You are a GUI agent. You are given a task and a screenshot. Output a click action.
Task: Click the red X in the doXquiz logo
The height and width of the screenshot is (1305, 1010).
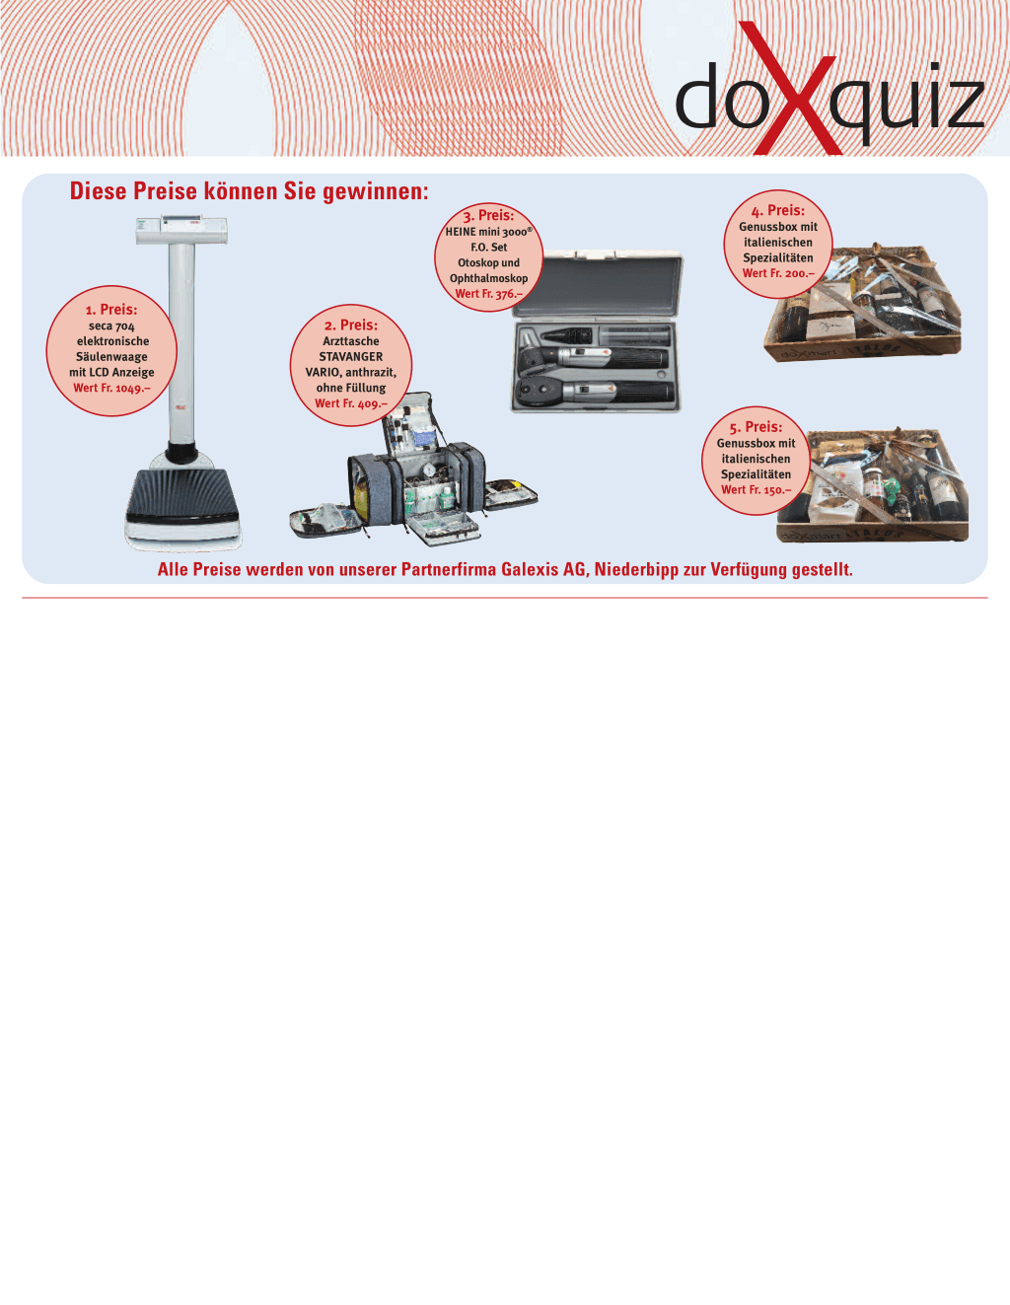point(789,90)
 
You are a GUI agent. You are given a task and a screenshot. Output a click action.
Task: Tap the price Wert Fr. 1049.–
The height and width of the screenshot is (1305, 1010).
point(111,388)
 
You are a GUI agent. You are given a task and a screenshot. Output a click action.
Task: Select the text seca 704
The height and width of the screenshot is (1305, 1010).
point(111,326)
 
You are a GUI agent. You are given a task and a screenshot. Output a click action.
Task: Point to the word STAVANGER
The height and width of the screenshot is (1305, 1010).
point(351,357)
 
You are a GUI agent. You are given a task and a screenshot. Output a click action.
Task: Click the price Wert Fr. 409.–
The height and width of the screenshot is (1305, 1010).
point(351,403)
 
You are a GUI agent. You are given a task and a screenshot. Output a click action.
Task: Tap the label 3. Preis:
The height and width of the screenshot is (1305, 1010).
point(488,216)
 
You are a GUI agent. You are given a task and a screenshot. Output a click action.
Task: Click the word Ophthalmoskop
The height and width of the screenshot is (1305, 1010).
point(489,278)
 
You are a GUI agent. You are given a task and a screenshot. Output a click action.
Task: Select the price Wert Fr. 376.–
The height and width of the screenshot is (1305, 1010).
point(489,294)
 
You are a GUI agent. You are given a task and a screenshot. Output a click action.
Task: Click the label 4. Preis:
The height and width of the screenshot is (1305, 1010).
point(777,211)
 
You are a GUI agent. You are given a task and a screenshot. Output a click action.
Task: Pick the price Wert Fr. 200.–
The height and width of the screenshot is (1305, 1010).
point(778,274)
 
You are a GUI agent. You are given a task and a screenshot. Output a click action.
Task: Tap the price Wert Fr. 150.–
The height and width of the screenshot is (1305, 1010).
point(756,490)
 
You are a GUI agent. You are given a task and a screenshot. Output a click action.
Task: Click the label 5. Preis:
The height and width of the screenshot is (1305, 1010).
point(756,427)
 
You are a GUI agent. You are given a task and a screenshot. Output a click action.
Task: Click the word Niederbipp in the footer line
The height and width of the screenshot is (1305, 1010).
point(636,569)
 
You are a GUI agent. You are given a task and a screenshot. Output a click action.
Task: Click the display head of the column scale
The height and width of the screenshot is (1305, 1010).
point(181,230)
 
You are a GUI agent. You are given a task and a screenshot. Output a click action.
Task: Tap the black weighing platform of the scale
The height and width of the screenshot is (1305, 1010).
point(182,493)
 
